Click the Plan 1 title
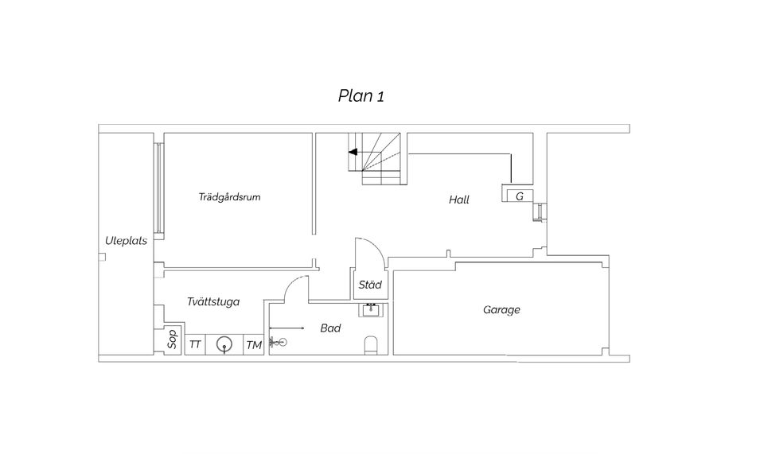pos(361,96)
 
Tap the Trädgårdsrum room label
pos(229,197)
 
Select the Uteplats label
pos(127,241)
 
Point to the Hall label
pos(459,200)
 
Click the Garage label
pos(501,310)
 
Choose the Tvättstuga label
pos(213,301)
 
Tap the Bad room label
pos(330,328)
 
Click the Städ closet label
pos(370,285)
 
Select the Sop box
pos(172,340)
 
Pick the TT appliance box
pos(195,344)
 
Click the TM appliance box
pos(254,344)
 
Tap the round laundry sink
pos(224,344)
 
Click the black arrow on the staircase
pos(353,153)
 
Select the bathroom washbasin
pos(372,309)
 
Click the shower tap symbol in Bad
pos(279,342)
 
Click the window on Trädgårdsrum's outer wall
pos(159,188)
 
